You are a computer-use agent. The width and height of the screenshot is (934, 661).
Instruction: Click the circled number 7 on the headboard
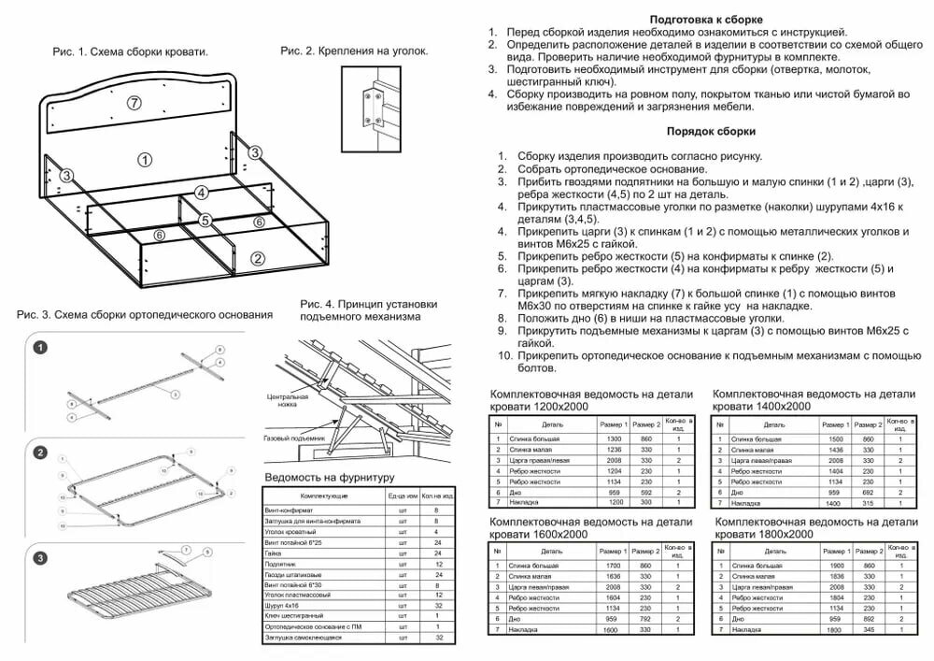[x=134, y=102]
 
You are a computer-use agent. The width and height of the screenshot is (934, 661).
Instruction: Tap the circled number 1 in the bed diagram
[x=144, y=159]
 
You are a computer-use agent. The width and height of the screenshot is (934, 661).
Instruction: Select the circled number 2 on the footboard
[x=258, y=259]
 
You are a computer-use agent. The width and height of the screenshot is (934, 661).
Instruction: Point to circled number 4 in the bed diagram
[x=200, y=193]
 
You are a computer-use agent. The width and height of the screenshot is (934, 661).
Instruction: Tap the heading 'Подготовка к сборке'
[x=706, y=20]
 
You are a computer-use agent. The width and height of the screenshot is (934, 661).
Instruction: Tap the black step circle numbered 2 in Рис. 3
[x=40, y=453]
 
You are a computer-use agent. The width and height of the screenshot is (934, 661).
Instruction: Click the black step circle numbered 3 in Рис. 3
[x=40, y=559]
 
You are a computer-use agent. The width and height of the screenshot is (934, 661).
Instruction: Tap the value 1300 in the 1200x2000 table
[x=614, y=438]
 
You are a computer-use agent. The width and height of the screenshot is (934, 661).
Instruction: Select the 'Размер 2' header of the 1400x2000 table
[x=870, y=424]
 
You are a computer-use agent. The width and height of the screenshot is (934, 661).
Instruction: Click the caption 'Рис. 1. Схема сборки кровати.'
[x=130, y=52]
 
